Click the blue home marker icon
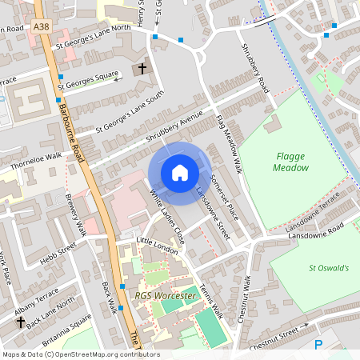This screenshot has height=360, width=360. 179,173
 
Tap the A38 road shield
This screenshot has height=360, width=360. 42,27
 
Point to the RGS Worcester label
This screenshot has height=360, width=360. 165,296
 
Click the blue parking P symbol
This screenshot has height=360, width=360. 319,345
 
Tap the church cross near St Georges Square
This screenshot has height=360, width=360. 143,69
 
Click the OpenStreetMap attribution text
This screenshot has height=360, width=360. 80,354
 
